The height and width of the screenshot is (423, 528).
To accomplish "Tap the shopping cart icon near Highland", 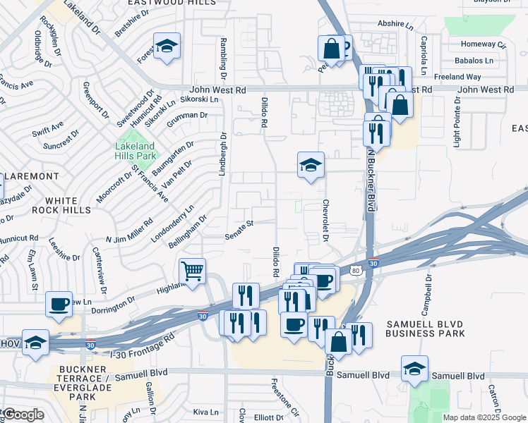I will pos(192,271).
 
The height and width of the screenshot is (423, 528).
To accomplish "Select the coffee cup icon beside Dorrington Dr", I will pos(58,303).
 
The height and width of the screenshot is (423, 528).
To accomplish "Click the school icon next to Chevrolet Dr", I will pos(310,165).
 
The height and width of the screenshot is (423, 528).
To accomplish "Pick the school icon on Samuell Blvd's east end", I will pos(414,368).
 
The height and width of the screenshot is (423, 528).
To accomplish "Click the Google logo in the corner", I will pos(23,415).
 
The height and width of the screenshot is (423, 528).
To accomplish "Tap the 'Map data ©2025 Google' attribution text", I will pos(484,417).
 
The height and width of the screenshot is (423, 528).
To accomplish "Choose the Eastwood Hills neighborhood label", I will pos(162,4).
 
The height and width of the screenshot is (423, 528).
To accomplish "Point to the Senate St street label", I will pos(239,230).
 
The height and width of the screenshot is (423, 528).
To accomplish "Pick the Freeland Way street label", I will pos(458,76).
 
